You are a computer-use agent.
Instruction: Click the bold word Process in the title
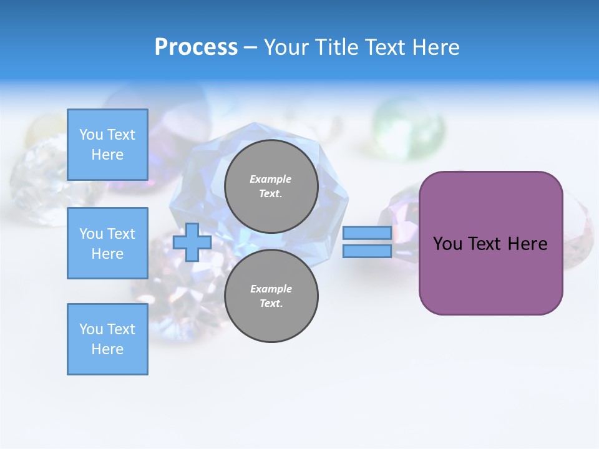point(196,47)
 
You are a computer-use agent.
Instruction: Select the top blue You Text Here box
point(107,145)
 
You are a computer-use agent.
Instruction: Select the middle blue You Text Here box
point(107,243)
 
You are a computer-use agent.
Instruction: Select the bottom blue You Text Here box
point(107,339)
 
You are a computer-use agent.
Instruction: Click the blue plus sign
point(192,242)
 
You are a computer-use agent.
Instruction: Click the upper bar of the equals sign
point(367,233)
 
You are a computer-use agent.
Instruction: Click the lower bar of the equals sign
point(367,251)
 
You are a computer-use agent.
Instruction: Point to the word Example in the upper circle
point(270,179)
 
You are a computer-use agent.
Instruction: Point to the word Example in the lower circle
point(271,289)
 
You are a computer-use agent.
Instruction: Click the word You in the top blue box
point(91,135)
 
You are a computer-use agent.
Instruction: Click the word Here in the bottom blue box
point(107,349)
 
